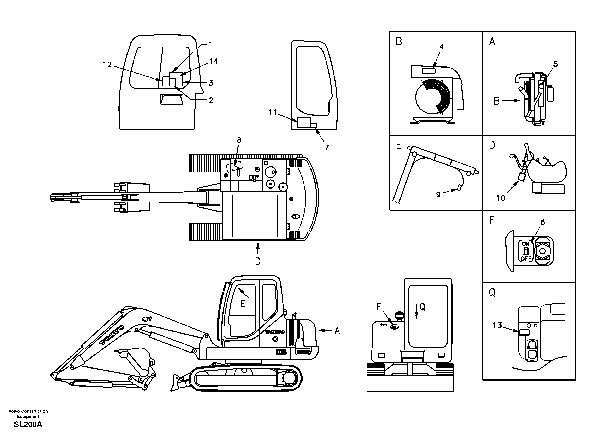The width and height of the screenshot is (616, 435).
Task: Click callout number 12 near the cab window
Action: [107, 64]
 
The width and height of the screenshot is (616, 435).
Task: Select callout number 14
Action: [213, 61]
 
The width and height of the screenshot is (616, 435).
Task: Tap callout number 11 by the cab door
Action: [272, 112]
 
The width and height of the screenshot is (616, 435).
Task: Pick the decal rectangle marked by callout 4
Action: [429, 71]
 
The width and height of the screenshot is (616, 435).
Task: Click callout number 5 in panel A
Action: [555, 64]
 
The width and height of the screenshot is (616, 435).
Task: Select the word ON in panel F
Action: [525, 244]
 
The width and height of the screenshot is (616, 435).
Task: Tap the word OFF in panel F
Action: [526, 259]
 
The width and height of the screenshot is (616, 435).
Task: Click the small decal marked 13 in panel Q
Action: [524, 332]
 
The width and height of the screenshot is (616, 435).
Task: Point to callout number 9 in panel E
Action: [438, 195]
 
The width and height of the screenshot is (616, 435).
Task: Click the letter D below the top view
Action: [257, 261]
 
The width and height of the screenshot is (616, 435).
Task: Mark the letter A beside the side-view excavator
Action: [337, 331]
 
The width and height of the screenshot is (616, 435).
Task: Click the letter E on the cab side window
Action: [243, 304]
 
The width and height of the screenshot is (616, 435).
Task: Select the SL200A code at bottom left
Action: [28, 424]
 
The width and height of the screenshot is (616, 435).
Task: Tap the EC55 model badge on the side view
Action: [281, 352]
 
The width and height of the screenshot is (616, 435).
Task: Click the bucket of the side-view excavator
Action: [134, 361]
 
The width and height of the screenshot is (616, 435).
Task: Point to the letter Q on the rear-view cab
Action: [422, 307]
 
